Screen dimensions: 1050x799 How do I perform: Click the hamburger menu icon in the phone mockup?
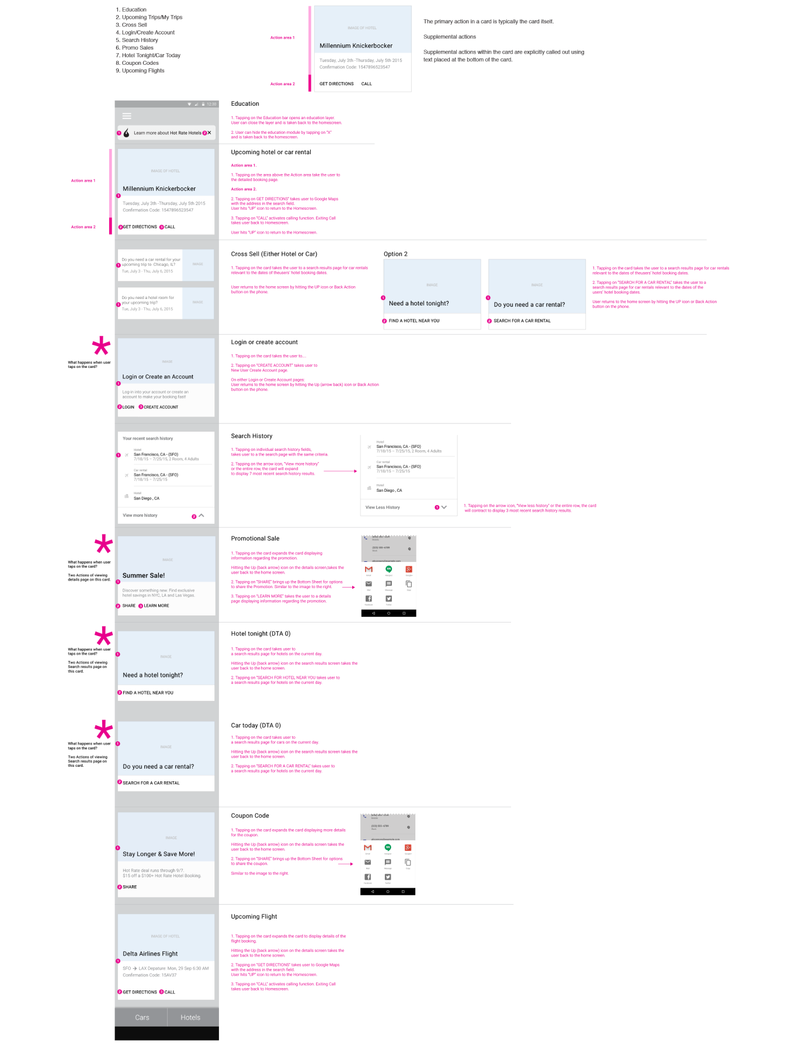[x=127, y=116]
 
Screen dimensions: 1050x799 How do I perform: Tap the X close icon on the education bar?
[x=210, y=133]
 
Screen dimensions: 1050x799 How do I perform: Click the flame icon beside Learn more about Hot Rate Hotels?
[x=126, y=133]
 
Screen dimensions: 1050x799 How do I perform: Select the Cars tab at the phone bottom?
[x=142, y=1017]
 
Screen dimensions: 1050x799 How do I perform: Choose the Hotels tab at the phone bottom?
[x=190, y=1017]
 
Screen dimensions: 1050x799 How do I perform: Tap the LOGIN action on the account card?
[x=128, y=407]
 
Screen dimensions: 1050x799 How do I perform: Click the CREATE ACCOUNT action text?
[x=161, y=407]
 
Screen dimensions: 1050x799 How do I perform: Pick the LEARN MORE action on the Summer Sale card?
[x=157, y=606]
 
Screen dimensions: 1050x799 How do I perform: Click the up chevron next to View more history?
[x=202, y=516]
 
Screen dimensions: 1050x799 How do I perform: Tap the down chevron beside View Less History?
[x=444, y=507]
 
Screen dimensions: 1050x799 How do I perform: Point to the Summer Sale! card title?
[x=144, y=576]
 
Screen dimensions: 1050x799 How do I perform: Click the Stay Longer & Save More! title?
[x=159, y=854]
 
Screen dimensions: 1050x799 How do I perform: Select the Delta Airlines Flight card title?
[x=150, y=954]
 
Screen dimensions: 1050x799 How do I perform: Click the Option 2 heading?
[x=395, y=254]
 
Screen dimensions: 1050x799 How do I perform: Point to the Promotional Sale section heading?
[x=255, y=538]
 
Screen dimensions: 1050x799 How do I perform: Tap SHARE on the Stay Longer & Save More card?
[x=130, y=887]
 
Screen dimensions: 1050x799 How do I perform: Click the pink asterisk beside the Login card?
[x=101, y=346]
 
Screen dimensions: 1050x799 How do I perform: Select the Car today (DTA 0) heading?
[x=256, y=725]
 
